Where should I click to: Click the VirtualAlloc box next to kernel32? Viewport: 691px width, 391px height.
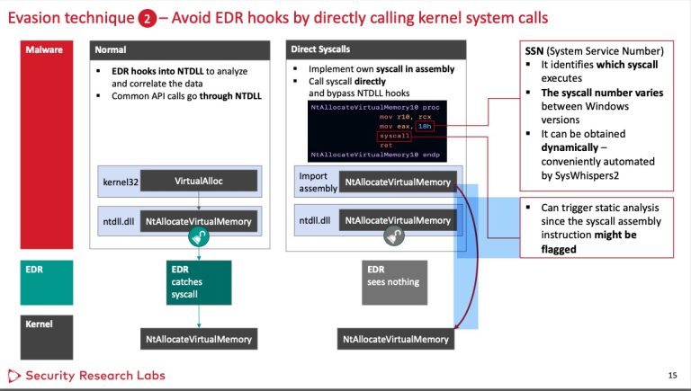coord(199,182)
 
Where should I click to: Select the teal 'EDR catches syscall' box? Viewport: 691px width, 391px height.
coord(198,281)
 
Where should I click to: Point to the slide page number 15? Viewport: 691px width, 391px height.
coord(672,375)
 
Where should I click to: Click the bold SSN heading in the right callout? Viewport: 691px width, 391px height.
coord(541,50)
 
